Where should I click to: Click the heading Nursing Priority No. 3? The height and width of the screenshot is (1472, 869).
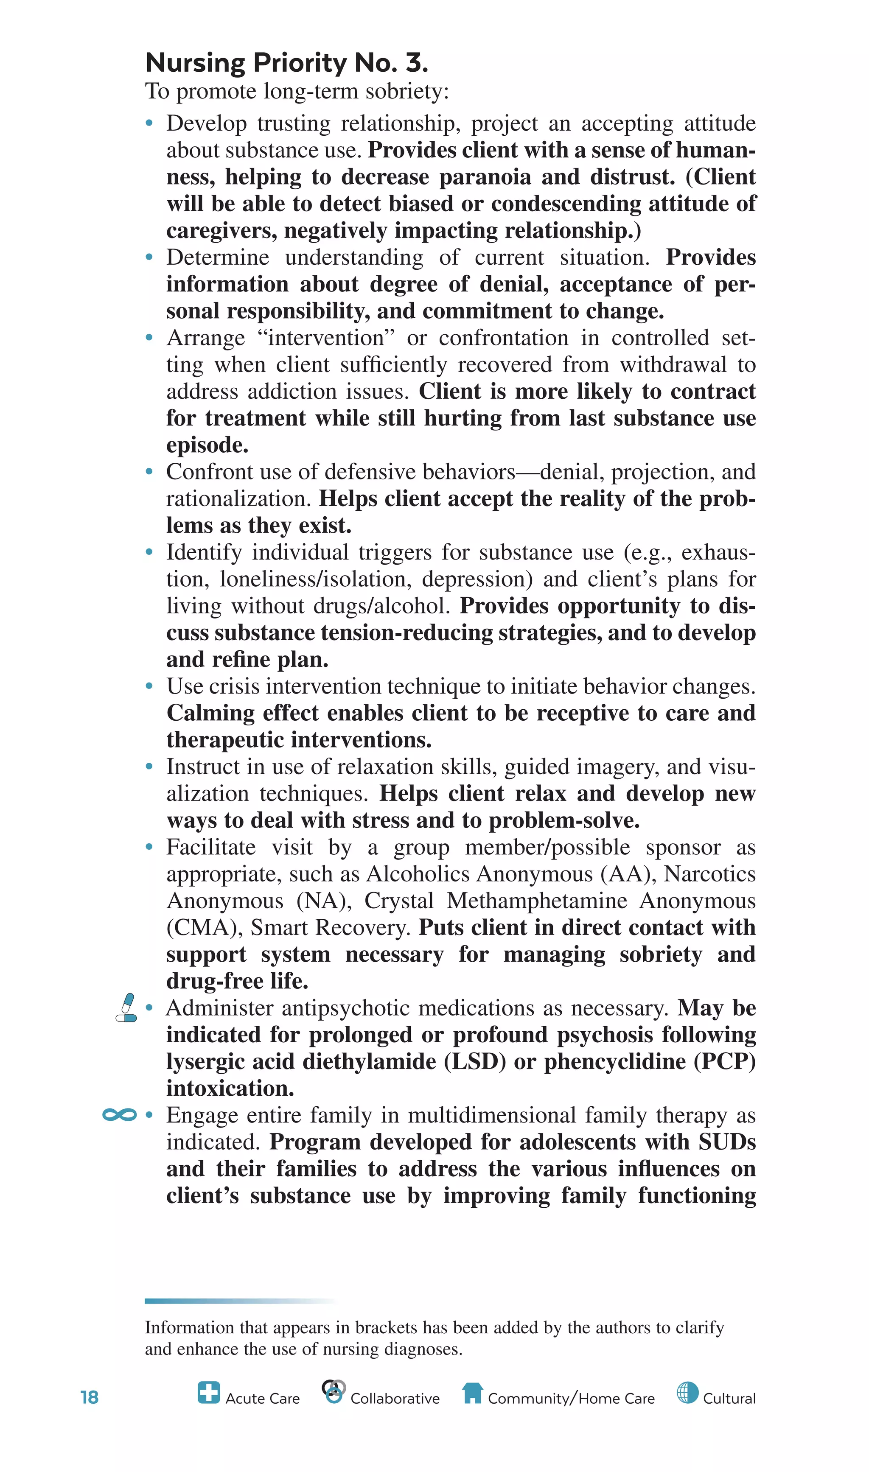click(286, 63)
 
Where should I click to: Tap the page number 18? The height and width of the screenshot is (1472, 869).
click(89, 1398)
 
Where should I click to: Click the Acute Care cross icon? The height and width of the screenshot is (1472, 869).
click(208, 1392)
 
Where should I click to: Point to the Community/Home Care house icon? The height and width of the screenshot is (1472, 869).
click(472, 1393)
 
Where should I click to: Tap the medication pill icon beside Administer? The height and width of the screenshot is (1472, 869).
click(126, 1008)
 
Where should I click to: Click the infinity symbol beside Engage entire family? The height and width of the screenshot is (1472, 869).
click(120, 1115)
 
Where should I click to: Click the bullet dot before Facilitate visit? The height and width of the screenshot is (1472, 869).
click(149, 847)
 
